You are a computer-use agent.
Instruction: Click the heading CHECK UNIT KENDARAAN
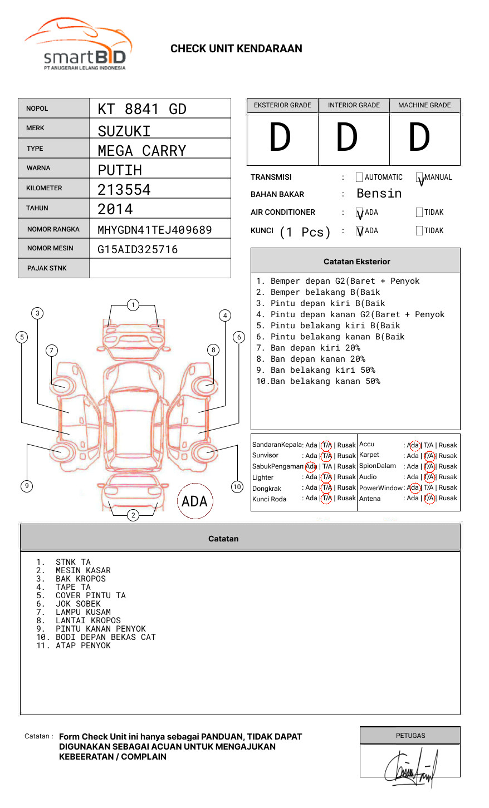pos(236,49)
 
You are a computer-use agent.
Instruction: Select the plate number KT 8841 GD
pos(142,109)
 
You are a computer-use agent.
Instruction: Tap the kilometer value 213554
pos(124,190)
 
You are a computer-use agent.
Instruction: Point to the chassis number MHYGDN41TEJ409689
pos(155,230)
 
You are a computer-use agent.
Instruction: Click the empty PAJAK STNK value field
pos(160,268)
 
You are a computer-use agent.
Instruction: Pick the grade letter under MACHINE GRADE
pos(419,138)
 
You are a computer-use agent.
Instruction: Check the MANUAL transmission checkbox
pos(419,178)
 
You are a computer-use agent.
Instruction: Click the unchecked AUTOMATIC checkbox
pos(359,178)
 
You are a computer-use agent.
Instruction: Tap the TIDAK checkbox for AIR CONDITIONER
pos(419,213)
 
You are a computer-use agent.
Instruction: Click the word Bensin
pos(379,194)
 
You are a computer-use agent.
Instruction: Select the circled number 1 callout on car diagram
pos(133,305)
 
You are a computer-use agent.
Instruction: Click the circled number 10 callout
pos(237,487)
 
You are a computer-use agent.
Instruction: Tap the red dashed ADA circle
pos(195,501)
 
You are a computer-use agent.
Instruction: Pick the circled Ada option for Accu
pos(414,445)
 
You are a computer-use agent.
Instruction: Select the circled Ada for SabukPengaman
pos(311,466)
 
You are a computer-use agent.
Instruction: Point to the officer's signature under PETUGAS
pos(410,768)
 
